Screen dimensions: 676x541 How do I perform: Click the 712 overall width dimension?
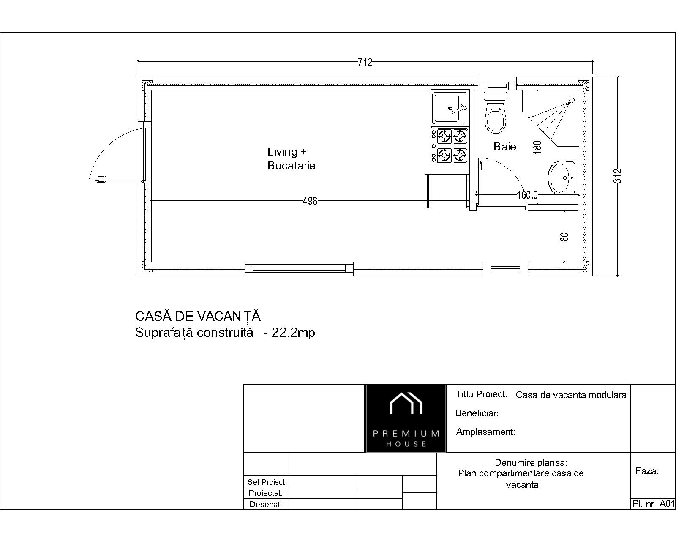click(x=365, y=63)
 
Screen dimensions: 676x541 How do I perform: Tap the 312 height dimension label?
click(x=618, y=176)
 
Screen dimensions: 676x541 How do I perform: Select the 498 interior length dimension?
click(x=310, y=201)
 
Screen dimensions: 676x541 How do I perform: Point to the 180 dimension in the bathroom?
click(x=537, y=147)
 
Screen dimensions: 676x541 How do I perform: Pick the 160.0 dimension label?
click(x=527, y=195)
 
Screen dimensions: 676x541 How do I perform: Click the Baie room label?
click(x=504, y=147)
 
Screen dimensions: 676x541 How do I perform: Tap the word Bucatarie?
click(x=291, y=166)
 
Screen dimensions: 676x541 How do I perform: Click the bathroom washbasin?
click(x=562, y=178)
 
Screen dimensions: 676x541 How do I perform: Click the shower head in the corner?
click(x=571, y=100)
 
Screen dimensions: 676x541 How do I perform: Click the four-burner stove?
click(x=450, y=146)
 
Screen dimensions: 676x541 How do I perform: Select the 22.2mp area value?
click(x=293, y=333)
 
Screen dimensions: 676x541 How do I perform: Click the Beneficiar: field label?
click(x=477, y=413)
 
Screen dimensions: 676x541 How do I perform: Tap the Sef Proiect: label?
click(x=267, y=482)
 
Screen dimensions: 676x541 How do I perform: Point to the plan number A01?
click(x=667, y=503)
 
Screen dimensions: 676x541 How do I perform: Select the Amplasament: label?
click(x=485, y=432)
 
